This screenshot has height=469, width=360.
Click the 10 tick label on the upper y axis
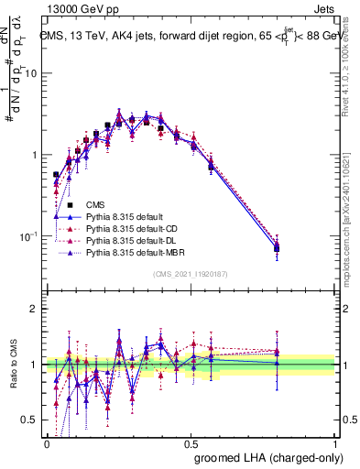[31, 73]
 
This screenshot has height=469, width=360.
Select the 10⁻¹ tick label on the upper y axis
[28, 235]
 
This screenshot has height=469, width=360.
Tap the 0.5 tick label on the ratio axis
[31, 420]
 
